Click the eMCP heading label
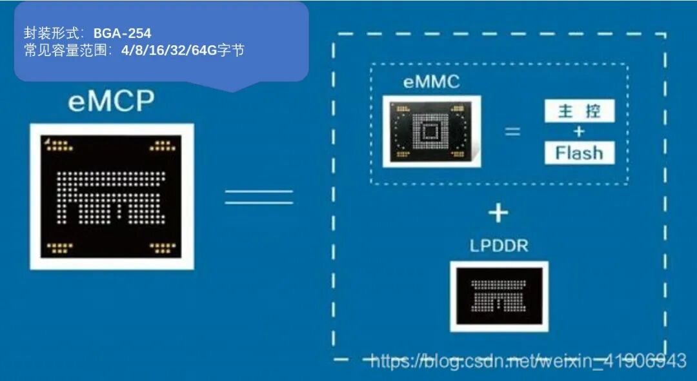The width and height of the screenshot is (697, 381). point(111,103)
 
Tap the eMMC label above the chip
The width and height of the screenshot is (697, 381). point(431,82)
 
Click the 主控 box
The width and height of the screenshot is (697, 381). point(579,111)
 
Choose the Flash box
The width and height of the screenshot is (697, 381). point(579,153)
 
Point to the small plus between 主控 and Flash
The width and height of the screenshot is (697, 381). point(579,132)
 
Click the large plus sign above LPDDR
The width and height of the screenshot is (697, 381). point(498,213)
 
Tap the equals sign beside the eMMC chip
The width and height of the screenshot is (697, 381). point(512,132)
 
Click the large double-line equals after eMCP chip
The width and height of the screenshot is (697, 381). point(259,197)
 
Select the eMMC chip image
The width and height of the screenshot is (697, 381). point(431,132)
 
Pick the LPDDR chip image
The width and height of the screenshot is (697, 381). point(498,297)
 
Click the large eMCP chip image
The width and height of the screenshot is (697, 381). point(112,196)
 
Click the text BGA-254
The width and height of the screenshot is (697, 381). point(122,33)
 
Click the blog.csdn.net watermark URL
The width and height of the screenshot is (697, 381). point(528,360)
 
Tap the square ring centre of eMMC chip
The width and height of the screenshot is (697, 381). point(429,133)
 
